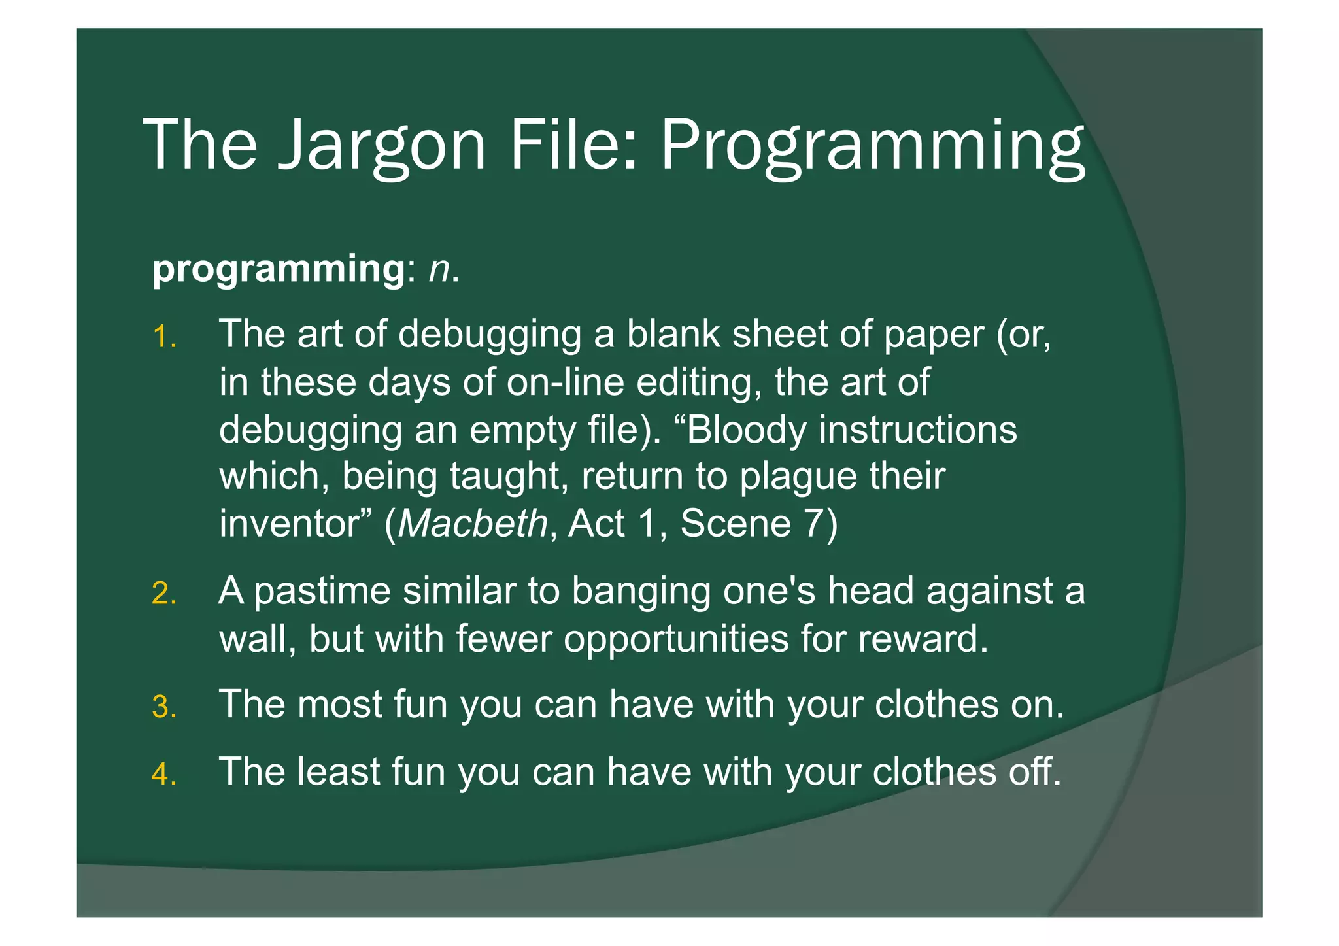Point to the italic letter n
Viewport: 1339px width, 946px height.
click(x=440, y=269)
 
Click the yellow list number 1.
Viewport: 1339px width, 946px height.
click(x=163, y=337)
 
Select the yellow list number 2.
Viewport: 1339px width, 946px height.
click(x=163, y=594)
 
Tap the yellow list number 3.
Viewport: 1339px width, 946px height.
click(x=163, y=707)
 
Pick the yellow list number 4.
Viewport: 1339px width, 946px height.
click(x=163, y=775)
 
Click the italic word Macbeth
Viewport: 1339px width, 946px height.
click(x=473, y=523)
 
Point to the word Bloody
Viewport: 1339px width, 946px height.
click(x=745, y=430)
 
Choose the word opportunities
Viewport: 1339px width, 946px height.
click(x=676, y=639)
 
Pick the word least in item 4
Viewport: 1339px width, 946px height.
click(x=338, y=771)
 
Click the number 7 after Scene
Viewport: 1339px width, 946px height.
click(x=813, y=523)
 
